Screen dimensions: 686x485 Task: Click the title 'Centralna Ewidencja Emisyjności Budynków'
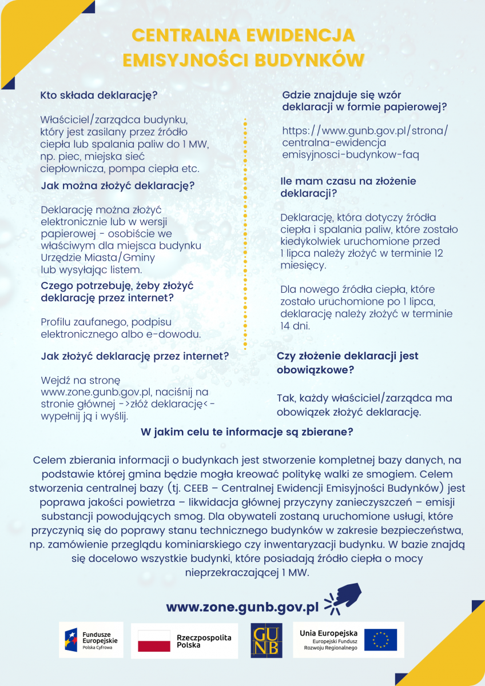click(x=242, y=47)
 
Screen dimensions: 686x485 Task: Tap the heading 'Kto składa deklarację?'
click(x=99, y=95)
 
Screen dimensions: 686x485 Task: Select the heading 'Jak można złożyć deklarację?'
click(x=118, y=186)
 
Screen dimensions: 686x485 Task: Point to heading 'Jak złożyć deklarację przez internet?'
click(x=135, y=356)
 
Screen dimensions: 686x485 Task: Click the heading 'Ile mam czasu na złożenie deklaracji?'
click(x=348, y=187)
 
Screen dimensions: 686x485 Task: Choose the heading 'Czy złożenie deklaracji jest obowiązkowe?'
click(x=347, y=362)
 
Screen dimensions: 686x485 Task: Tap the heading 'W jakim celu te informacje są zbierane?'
click(x=247, y=432)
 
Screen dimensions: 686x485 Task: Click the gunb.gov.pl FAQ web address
click(x=365, y=143)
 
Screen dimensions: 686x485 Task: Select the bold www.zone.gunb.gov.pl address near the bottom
click(x=242, y=607)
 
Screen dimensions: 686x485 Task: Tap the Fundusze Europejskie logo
click(x=91, y=640)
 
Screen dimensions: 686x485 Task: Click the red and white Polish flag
click(x=154, y=641)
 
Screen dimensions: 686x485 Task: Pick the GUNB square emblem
click(x=266, y=640)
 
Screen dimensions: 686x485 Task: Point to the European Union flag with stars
click(x=380, y=640)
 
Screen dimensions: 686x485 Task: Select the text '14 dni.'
click(x=295, y=326)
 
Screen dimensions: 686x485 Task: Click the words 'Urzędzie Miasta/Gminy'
click(x=98, y=257)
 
